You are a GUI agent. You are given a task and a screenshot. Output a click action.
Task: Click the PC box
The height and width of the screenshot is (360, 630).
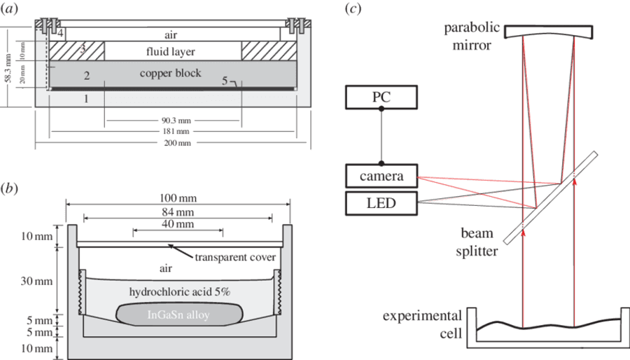(x=381, y=97)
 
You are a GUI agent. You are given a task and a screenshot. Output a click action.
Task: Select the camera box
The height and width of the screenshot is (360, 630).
(x=381, y=176)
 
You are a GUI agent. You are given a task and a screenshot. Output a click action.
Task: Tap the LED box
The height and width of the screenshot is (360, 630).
(x=381, y=203)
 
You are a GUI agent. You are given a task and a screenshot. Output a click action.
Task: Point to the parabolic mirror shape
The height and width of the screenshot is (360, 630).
(x=548, y=32)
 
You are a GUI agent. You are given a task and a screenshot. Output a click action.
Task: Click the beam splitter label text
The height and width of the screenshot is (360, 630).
(x=477, y=242)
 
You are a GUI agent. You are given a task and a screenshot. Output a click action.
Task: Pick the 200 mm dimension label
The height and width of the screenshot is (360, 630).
(x=177, y=143)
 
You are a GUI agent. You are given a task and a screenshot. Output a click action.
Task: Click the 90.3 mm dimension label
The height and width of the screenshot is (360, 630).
(x=176, y=120)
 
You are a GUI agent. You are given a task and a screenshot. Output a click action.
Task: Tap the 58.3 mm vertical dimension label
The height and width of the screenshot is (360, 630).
(x=8, y=67)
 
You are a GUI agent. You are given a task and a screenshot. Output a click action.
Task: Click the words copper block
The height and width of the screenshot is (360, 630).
(x=170, y=73)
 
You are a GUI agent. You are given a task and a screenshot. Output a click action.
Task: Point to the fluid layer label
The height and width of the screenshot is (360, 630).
(x=170, y=51)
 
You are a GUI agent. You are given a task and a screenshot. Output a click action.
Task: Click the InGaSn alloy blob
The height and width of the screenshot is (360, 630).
(x=179, y=314)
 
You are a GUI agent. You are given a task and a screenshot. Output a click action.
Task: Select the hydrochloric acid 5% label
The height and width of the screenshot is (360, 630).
(x=179, y=291)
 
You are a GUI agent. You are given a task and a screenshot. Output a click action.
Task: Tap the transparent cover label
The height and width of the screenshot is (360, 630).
(x=235, y=257)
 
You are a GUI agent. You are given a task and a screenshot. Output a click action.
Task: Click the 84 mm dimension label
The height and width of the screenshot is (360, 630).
(x=178, y=212)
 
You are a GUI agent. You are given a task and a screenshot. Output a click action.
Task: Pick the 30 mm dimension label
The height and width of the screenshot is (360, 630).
(x=36, y=281)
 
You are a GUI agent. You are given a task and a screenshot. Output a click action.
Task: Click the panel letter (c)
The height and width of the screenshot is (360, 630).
(x=353, y=8)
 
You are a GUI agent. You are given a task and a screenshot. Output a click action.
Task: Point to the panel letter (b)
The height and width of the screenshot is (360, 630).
(x=9, y=188)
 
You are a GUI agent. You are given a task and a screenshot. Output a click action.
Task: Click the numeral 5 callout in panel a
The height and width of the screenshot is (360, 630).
(x=225, y=81)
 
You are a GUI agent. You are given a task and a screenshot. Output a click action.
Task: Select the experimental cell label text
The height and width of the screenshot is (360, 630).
(x=422, y=325)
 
